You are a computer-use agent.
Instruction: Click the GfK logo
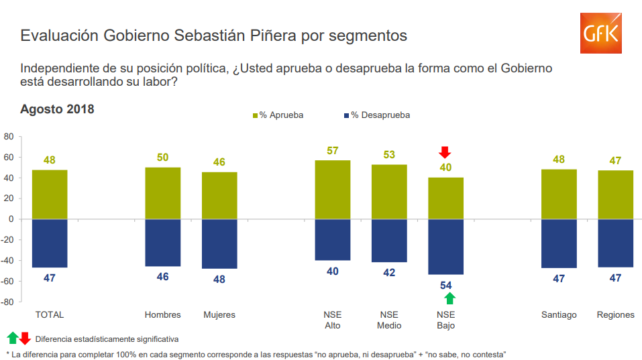pyautogui.click(x=600, y=34)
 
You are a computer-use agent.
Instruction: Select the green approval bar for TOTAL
pyautogui.click(x=50, y=194)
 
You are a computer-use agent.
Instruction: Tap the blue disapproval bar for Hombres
pyautogui.click(x=163, y=243)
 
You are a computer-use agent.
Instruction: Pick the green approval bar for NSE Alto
pyautogui.click(x=333, y=190)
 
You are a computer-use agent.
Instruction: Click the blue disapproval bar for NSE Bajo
pyautogui.click(x=446, y=247)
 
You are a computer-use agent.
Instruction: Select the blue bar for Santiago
pyautogui.click(x=559, y=243)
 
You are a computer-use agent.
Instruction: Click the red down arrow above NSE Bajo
pyautogui.click(x=445, y=152)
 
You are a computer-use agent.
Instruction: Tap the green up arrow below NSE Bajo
pyautogui.click(x=449, y=298)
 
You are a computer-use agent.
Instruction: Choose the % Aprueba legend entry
pyautogui.click(x=278, y=115)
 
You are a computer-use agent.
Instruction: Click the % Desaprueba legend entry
pyautogui.click(x=376, y=115)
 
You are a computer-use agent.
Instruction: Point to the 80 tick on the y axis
pyautogui.click(x=9, y=136)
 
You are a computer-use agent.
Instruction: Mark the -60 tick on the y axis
pyautogui.click(x=7, y=282)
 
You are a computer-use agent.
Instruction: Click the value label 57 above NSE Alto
pyautogui.click(x=333, y=151)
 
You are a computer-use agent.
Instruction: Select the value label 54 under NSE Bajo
pyautogui.click(x=446, y=285)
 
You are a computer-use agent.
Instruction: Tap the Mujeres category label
pyautogui.click(x=219, y=314)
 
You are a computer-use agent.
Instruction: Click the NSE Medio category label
pyautogui.click(x=389, y=320)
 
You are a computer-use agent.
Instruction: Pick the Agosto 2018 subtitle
pyautogui.click(x=57, y=109)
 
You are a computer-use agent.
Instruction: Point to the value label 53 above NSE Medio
pyautogui.click(x=389, y=155)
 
